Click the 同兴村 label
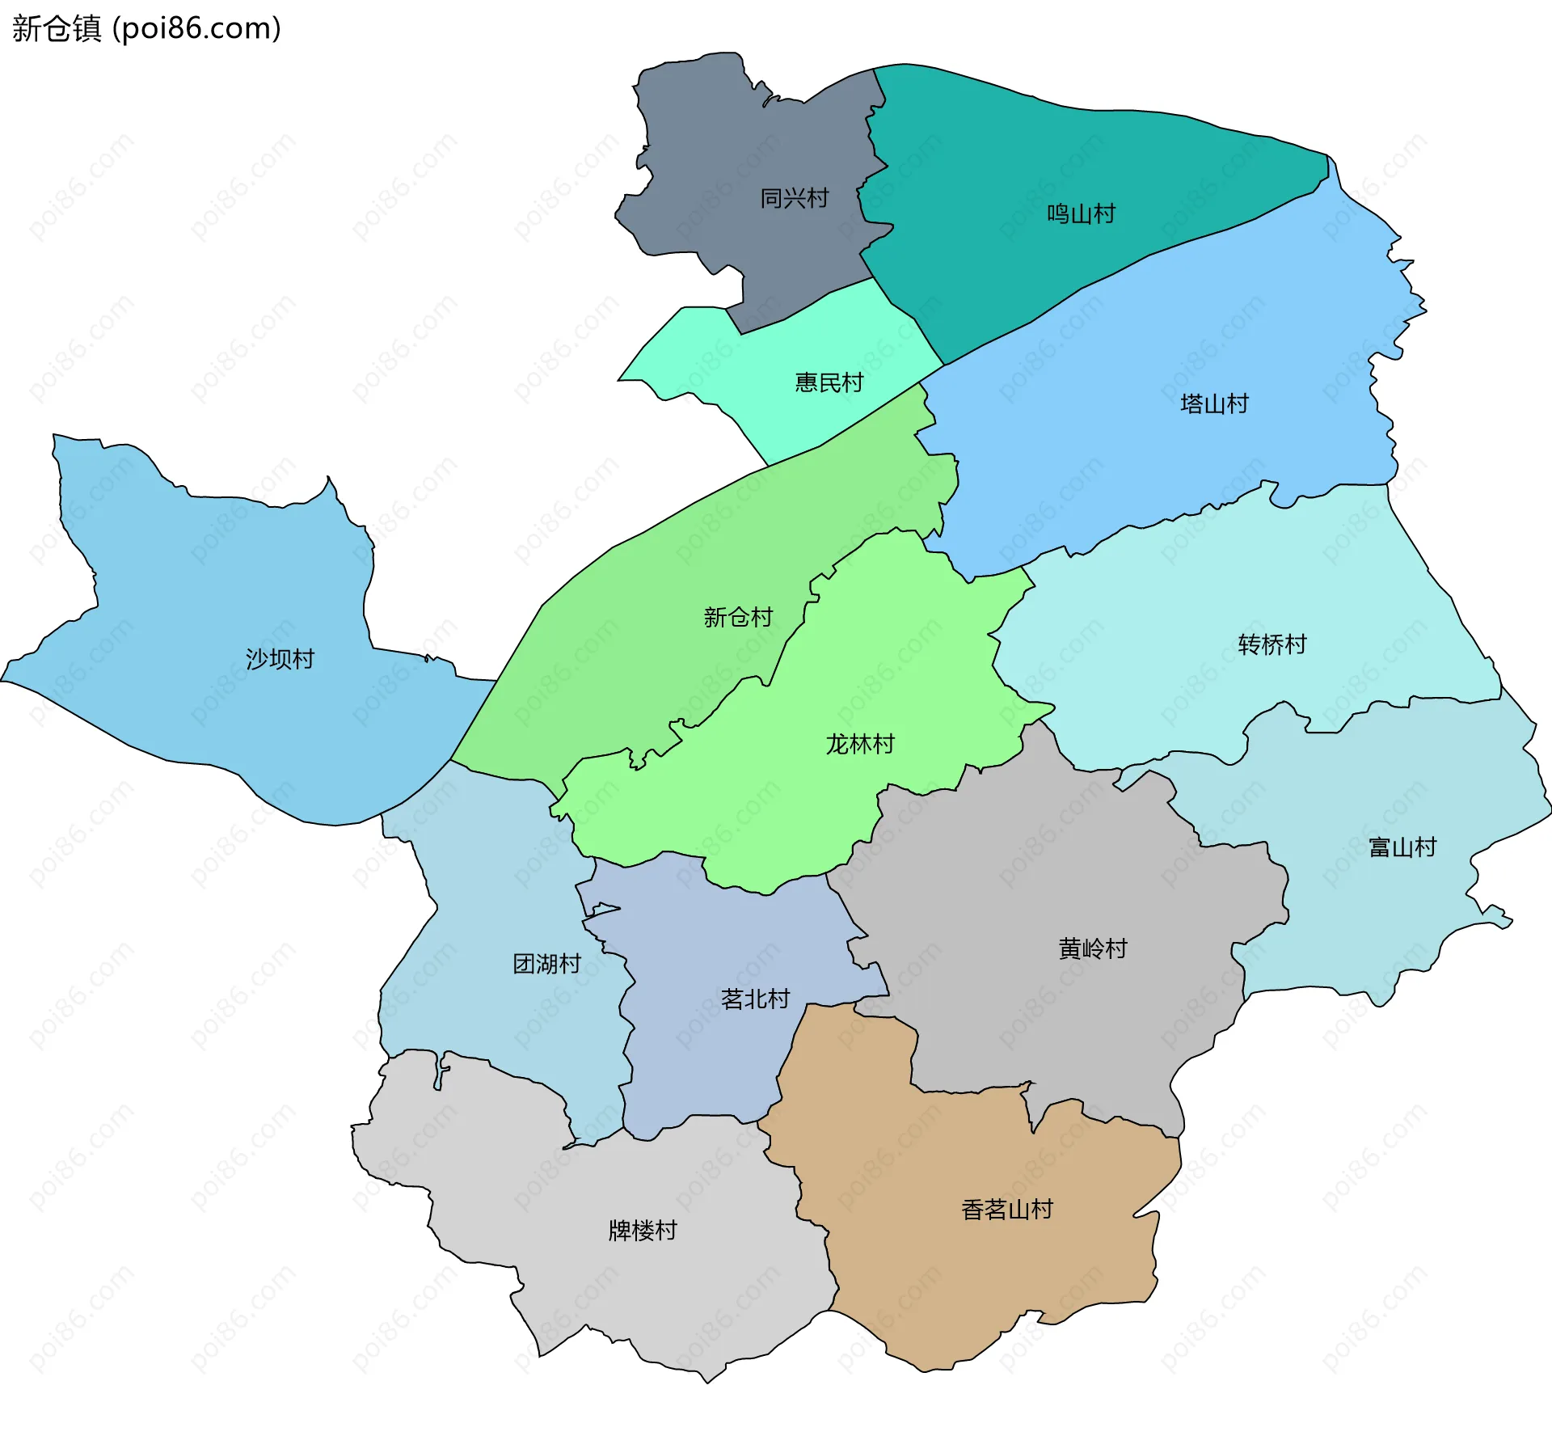coord(794,198)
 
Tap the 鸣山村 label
coord(1081,214)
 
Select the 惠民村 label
coord(829,382)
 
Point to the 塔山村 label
coord(1214,403)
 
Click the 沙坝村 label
coord(280,659)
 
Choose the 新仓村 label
coord(738,617)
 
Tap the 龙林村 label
coord(860,744)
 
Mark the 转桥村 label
coord(1272,644)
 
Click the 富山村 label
coord(1402,847)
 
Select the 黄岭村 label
coord(1093,948)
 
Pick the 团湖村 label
coord(547,964)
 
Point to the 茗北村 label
coord(755,999)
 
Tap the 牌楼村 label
coord(643,1231)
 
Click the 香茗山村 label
coord(1007,1210)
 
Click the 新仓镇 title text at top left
coord(57,28)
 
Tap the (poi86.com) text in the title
coord(196,28)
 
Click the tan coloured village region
coord(970,1278)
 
